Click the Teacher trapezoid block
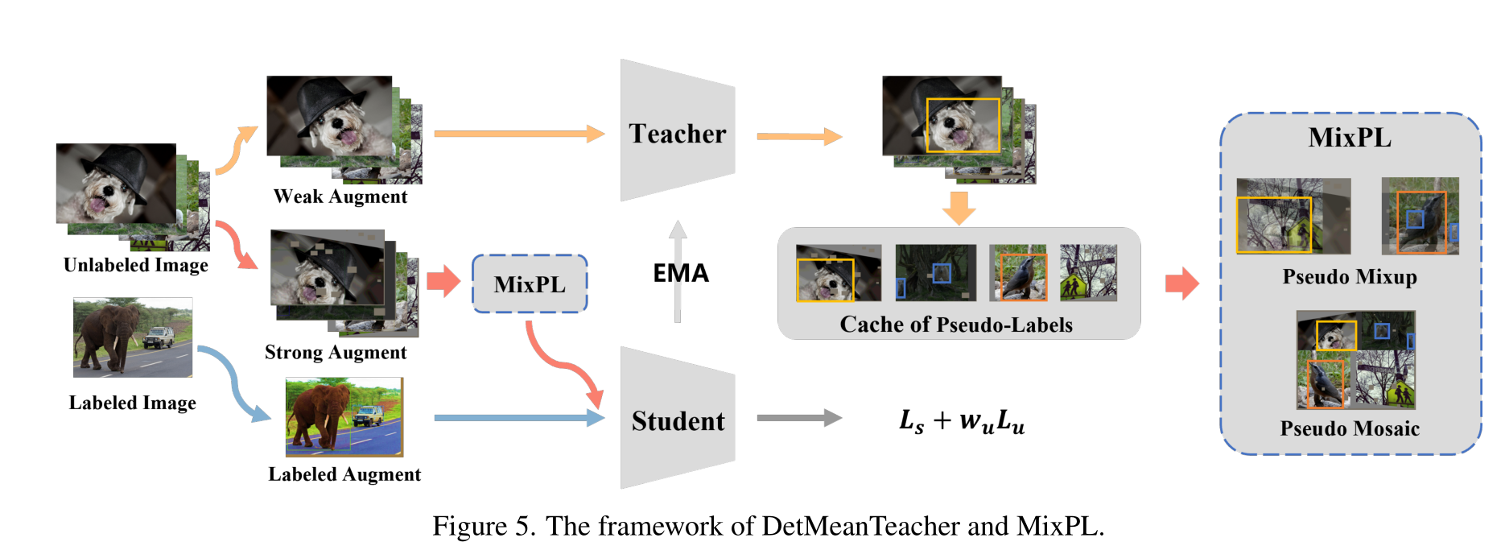677,132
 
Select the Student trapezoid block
677,420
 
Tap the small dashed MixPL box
530,284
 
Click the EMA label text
681,273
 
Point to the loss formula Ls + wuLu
962,420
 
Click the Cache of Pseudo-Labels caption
956,325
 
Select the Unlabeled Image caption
136,265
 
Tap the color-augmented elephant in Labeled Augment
319,416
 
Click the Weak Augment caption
340,197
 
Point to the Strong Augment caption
336,352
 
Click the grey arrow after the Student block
798,418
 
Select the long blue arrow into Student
518,418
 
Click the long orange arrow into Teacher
518,134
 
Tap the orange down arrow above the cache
959,208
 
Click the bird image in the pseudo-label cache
1018,274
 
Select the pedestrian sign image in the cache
1088,274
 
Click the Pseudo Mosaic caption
1350,428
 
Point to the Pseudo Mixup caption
1350,277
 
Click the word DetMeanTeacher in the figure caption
860,526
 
